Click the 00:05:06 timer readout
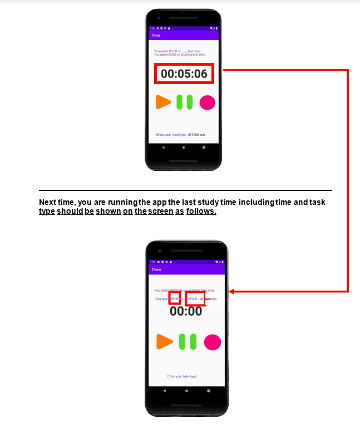coord(184,73)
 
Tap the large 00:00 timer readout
coord(186,311)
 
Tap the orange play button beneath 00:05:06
coord(163,102)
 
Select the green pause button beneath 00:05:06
coord(185,102)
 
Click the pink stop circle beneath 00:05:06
coord(207,102)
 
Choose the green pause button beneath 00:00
coord(187,342)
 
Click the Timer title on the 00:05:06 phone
coord(156,35)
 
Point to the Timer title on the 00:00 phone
coord(156,269)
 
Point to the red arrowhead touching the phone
coord(231,291)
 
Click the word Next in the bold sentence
coord(47,202)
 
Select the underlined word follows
coord(201,212)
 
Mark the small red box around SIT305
coord(195,299)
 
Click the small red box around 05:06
coord(175,298)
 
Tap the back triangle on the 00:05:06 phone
coord(163,148)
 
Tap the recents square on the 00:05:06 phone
coord(204,148)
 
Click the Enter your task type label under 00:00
coord(183,376)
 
